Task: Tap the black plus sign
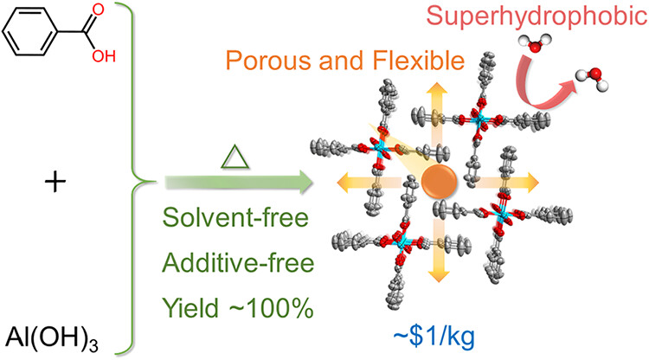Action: [x=61, y=183]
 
